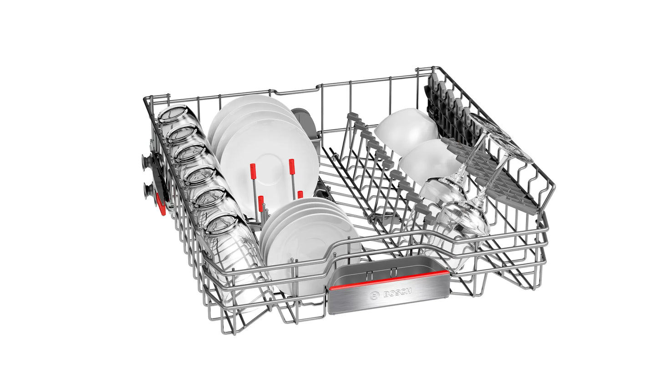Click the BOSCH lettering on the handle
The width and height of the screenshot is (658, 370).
(397, 293)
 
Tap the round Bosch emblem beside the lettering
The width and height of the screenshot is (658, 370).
(374, 295)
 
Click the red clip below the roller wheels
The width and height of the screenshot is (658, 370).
(161, 204)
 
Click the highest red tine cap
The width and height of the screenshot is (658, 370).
(291, 167)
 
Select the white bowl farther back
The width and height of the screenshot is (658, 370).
(406, 131)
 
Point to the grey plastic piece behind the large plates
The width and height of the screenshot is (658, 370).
(306, 123)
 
